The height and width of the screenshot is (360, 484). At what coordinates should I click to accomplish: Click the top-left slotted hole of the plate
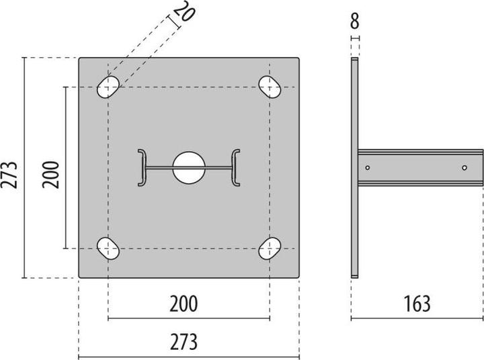point(108,87)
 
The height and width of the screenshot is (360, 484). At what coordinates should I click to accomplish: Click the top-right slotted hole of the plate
point(270,87)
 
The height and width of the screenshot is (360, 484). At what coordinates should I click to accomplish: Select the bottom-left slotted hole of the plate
point(108,249)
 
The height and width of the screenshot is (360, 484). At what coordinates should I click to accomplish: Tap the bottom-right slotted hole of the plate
point(270,249)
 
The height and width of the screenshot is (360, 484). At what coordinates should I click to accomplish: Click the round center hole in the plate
point(189,167)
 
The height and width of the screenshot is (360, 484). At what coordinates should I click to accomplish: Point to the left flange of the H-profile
point(142,167)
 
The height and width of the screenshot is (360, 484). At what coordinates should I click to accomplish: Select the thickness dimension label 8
point(354,21)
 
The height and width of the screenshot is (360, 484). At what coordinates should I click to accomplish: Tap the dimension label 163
point(417,304)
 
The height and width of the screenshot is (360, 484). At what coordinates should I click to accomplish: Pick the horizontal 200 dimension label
point(184,304)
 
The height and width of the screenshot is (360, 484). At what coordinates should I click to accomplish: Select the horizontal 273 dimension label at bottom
point(184,342)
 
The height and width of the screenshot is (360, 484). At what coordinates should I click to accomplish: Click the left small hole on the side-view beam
point(368,167)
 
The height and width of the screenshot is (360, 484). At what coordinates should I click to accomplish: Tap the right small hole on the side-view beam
point(465,167)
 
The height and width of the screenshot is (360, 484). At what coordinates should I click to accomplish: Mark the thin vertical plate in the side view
point(354,168)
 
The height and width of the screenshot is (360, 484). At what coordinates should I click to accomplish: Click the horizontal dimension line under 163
point(417,319)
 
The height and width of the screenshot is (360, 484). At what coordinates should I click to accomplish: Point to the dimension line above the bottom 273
point(189,357)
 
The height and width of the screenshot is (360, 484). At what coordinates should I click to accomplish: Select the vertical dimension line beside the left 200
point(65,168)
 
